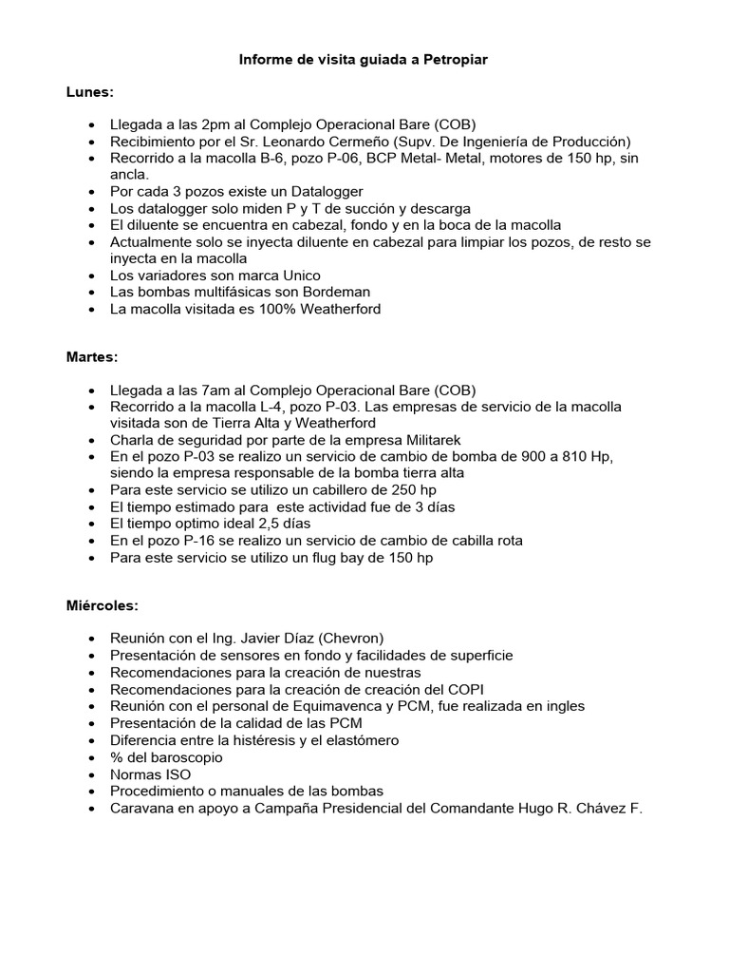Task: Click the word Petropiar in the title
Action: click(456, 60)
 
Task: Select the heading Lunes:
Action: click(89, 92)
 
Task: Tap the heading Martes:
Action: click(93, 357)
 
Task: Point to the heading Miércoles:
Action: click(102, 605)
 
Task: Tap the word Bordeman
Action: click(331, 292)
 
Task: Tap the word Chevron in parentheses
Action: click(349, 639)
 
